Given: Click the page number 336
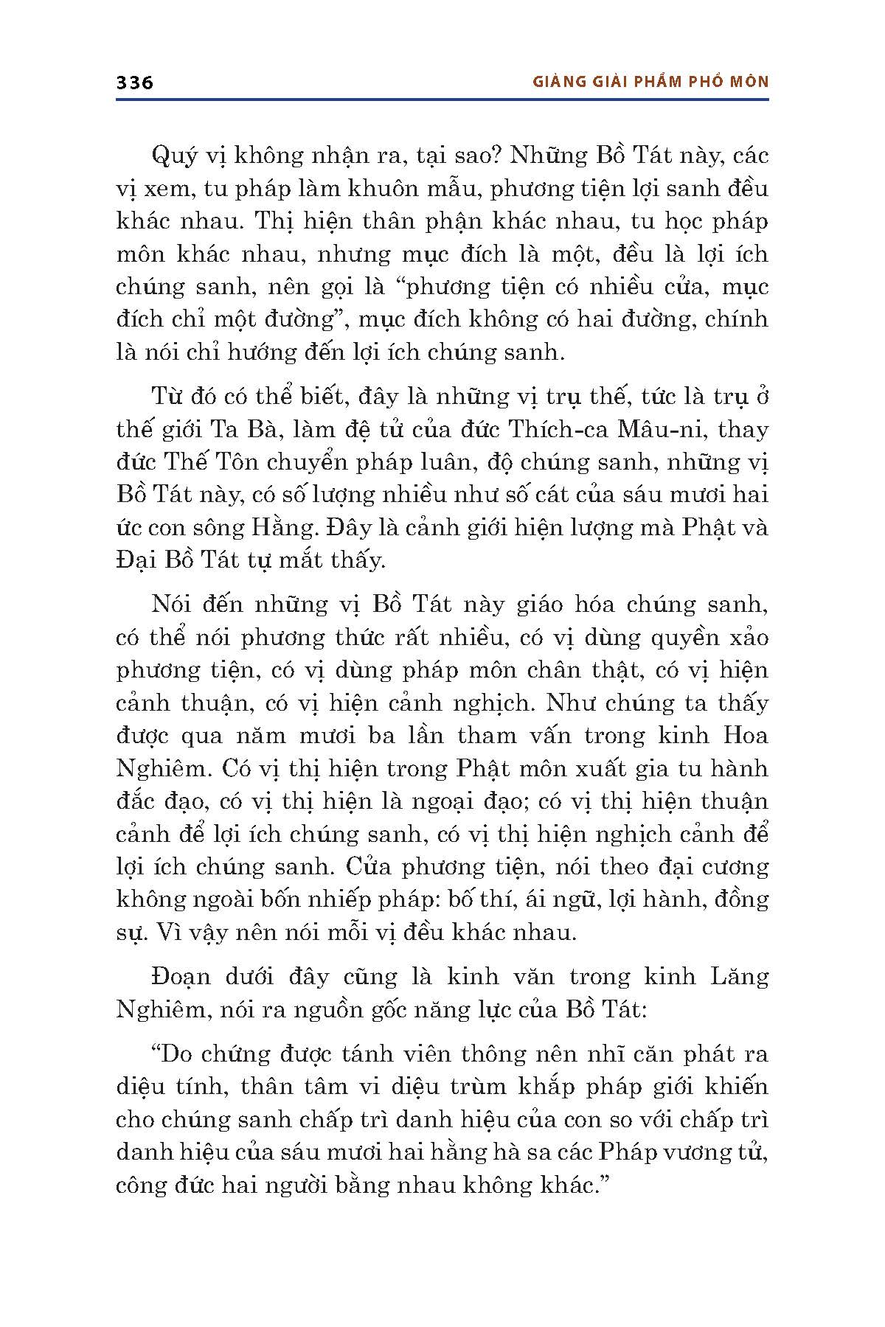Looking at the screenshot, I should point(134,83).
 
